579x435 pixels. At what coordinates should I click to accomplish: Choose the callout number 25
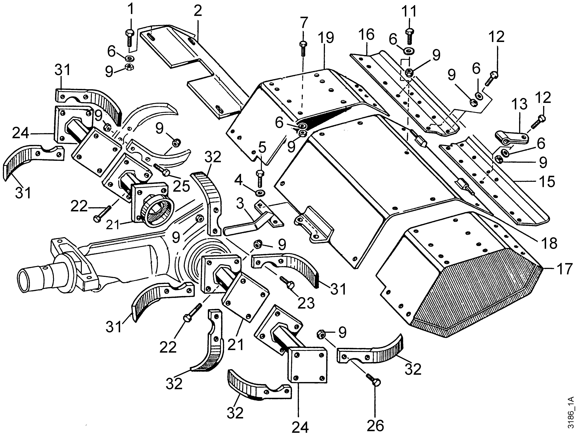click(x=181, y=186)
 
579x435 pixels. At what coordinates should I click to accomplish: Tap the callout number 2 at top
click(x=198, y=11)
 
